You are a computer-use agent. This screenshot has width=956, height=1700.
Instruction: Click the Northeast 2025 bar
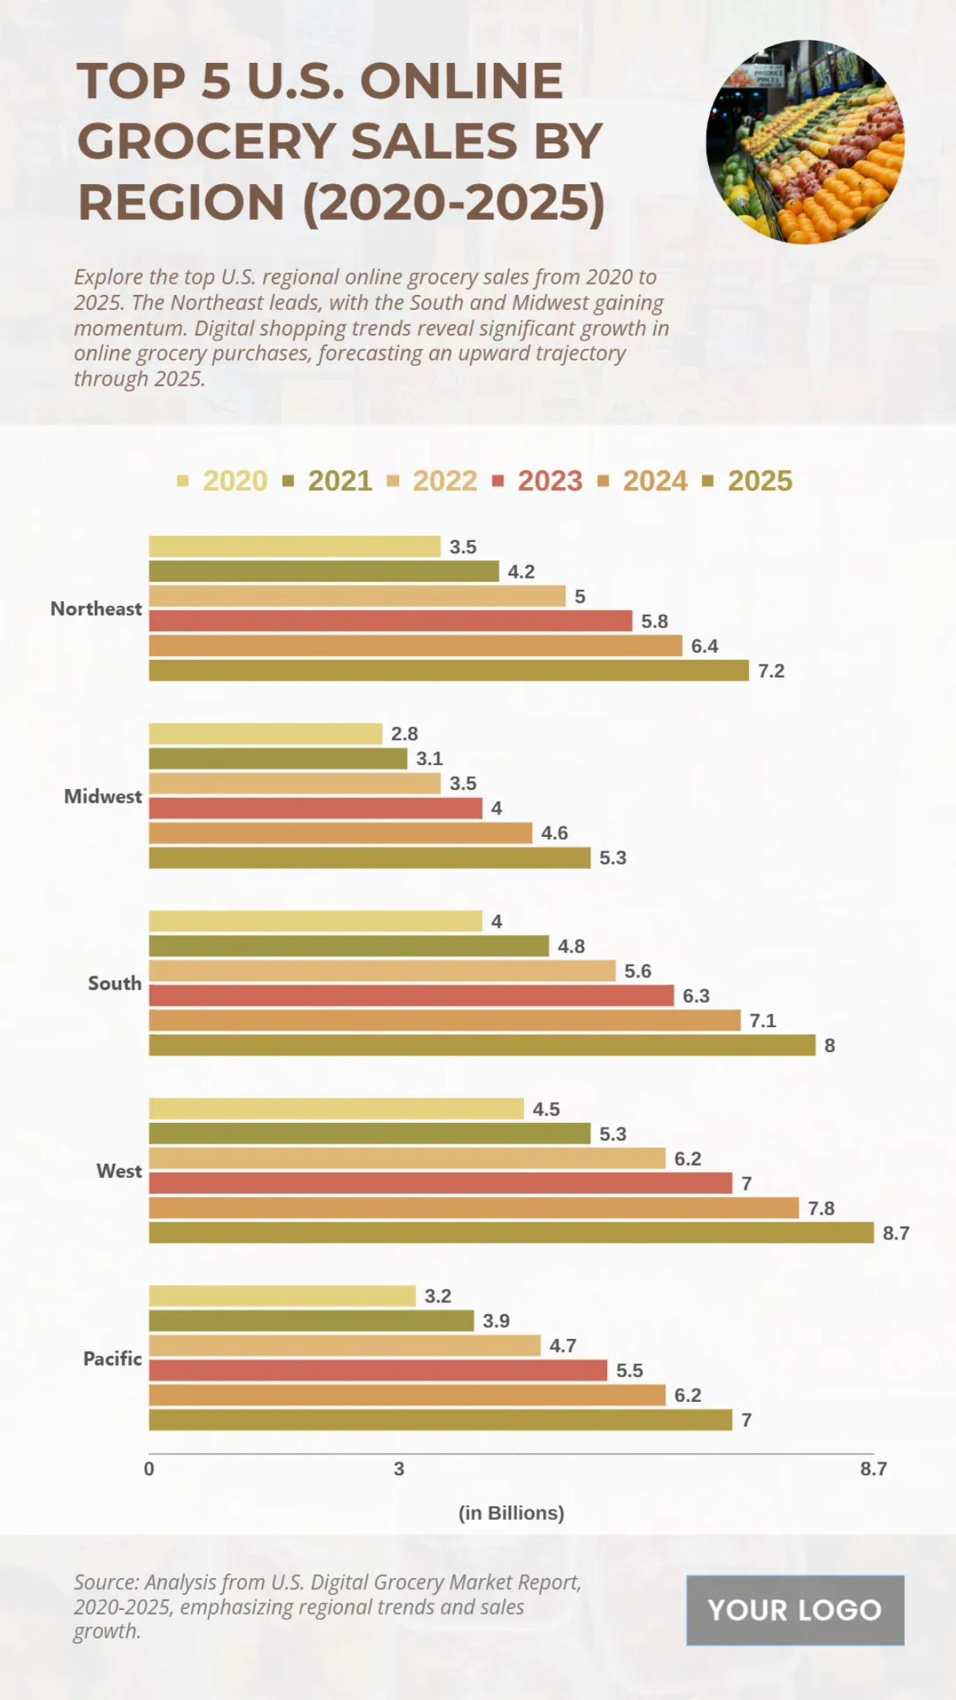tap(449, 670)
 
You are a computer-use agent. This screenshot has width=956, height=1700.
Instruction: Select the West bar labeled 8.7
tap(511, 1232)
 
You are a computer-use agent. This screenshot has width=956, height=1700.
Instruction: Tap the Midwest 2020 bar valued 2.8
tap(265, 733)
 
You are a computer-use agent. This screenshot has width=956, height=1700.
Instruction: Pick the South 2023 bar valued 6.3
tap(411, 995)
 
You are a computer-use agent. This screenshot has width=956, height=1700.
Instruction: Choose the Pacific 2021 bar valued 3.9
tap(311, 1321)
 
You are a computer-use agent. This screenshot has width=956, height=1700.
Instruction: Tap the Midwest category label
tap(103, 796)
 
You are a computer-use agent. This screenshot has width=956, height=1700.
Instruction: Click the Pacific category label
tap(112, 1358)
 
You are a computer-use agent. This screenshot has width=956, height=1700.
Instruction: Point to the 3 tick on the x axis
tap(399, 1468)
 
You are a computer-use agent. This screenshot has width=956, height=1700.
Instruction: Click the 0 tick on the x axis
tap(149, 1468)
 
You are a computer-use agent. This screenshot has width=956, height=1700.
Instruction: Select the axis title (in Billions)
tap(511, 1512)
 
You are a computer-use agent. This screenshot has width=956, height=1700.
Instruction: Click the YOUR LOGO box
tap(795, 1610)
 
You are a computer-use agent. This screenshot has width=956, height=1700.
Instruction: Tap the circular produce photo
tap(805, 143)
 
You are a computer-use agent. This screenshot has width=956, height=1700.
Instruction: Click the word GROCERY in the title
tap(206, 141)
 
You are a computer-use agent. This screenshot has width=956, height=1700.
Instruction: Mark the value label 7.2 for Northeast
tap(771, 671)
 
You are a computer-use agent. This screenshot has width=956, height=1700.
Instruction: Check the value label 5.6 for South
tap(637, 971)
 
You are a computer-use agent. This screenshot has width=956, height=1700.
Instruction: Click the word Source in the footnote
tap(105, 1582)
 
